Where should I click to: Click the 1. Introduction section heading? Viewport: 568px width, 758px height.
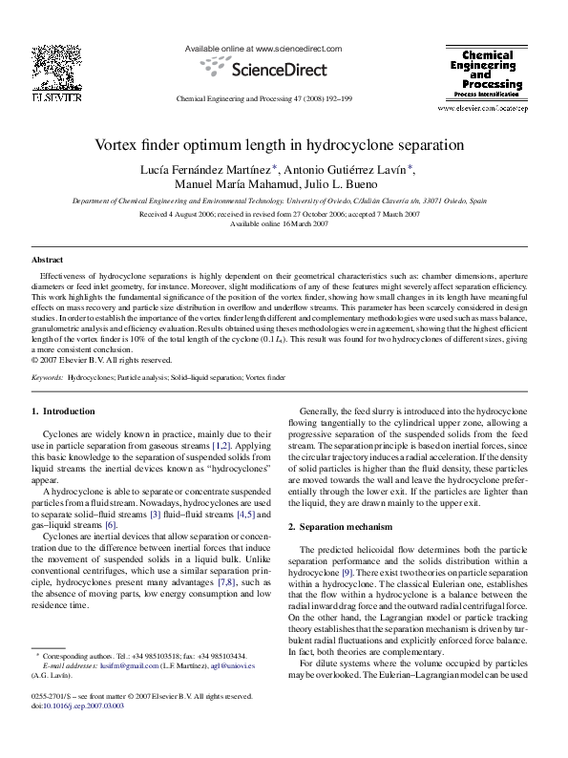pos(63,411)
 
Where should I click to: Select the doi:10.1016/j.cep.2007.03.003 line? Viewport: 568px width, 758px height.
pos(81,732)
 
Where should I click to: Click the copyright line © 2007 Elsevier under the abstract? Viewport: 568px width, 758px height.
pos(102,361)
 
